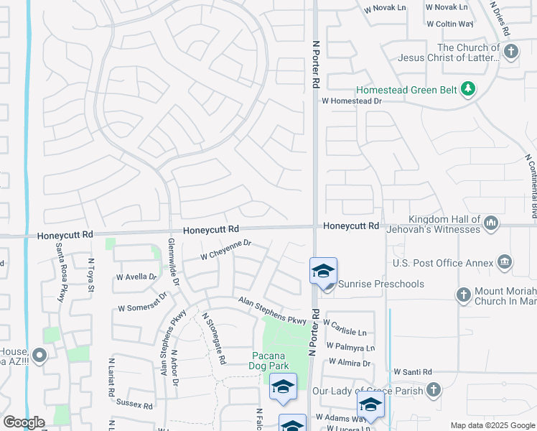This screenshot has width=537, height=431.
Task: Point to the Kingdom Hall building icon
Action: pos(492,223)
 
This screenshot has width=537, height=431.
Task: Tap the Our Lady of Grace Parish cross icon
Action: pos(433,390)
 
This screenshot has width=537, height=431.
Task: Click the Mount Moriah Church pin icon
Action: pos(464,295)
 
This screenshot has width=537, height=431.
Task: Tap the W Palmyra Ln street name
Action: pos(350,348)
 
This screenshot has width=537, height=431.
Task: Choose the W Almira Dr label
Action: pos(346,363)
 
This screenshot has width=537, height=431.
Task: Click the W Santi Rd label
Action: pos(412,372)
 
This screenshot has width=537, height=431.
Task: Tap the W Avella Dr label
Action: pos(136,277)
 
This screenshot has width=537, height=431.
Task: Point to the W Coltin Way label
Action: pos(449,24)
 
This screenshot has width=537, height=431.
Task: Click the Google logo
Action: pos(24,422)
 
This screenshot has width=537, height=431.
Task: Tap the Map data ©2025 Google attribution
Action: pos(492,425)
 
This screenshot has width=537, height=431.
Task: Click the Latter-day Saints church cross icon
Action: pos(510,52)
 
